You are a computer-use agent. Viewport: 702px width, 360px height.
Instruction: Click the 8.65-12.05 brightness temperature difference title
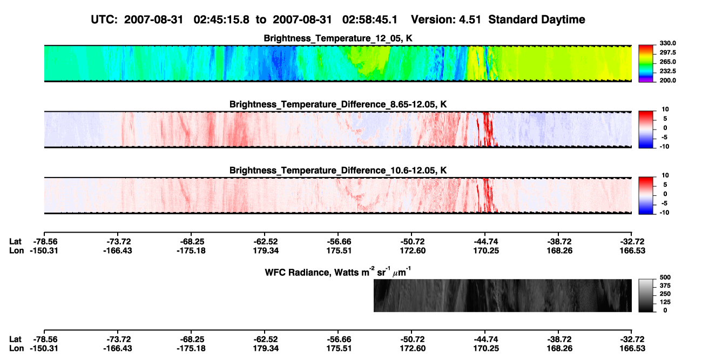(338, 104)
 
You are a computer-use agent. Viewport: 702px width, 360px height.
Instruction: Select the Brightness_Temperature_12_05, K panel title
(338, 38)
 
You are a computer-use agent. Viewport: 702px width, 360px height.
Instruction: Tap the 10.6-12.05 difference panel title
(338, 171)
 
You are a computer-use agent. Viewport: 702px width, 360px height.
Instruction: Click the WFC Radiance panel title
(338, 271)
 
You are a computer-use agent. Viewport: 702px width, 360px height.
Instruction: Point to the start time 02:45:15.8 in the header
(221, 19)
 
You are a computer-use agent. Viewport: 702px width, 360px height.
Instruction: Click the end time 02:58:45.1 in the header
(370, 19)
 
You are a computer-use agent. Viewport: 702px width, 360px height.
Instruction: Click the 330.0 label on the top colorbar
(667, 43)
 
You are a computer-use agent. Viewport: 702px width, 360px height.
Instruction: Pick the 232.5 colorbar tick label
(667, 71)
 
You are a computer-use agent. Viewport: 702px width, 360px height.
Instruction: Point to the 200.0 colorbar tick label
(667, 80)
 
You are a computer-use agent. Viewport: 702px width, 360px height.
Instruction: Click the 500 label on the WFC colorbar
(665, 277)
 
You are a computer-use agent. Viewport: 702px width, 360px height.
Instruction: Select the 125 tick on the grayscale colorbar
(665, 302)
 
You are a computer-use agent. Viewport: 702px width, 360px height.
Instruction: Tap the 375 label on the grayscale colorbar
(665, 286)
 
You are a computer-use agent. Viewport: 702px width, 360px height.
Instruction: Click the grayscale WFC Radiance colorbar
(646, 295)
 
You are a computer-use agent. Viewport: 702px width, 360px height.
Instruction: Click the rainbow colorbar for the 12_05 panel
(646, 64)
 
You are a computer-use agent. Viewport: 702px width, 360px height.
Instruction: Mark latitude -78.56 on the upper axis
(44, 242)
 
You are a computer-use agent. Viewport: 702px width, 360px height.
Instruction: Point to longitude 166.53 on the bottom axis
(632, 349)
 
